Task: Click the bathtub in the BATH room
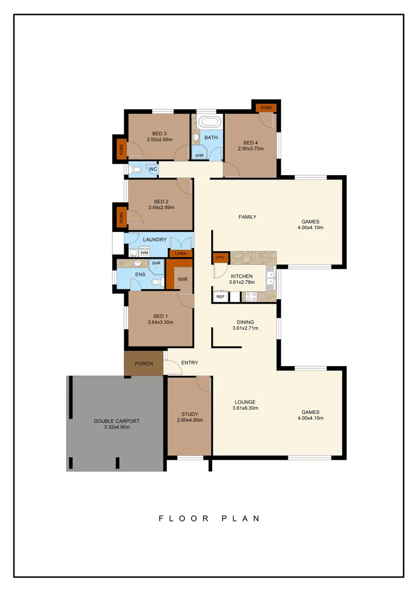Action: (x=208, y=121)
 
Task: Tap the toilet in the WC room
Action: (x=136, y=170)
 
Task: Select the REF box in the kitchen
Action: (x=220, y=297)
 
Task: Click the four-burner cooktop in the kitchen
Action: (x=251, y=297)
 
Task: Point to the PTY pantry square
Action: (x=220, y=257)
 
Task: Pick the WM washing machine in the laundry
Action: (x=144, y=252)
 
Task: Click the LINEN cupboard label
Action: (x=181, y=253)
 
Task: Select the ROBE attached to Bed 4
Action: (x=266, y=108)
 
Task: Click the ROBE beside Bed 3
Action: (x=121, y=148)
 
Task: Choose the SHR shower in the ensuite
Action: (x=156, y=264)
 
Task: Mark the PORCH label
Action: (x=143, y=364)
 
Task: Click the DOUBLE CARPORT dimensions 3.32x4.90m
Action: (x=117, y=427)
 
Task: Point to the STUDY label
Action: (x=189, y=414)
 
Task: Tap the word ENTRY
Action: (x=189, y=363)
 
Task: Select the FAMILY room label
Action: (x=247, y=217)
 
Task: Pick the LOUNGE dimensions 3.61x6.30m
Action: (x=245, y=408)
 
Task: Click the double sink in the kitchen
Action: (x=270, y=279)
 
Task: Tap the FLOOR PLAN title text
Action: (x=208, y=518)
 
